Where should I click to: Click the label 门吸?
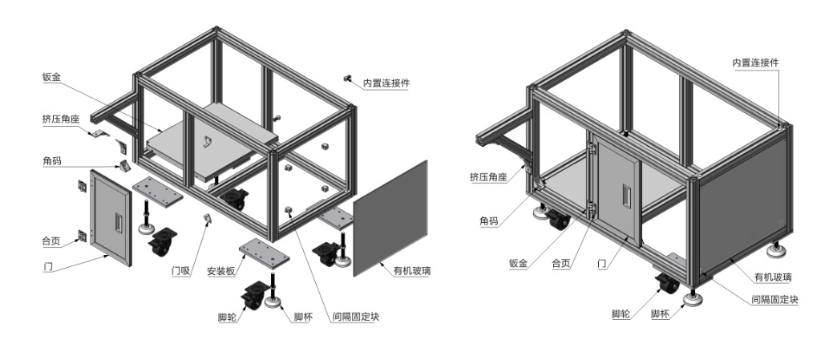(x=180, y=271)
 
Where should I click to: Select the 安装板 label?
(x=220, y=271)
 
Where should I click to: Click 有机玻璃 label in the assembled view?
(x=773, y=277)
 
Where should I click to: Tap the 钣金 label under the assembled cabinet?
(x=519, y=262)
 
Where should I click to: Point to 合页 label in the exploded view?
(x=51, y=240)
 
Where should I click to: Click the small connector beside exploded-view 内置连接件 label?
(x=349, y=78)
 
